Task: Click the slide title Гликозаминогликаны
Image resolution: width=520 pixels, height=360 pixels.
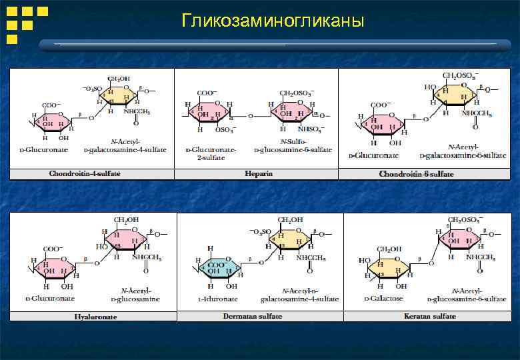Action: click(273, 21)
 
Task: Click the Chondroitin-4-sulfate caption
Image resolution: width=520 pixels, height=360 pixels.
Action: click(85, 174)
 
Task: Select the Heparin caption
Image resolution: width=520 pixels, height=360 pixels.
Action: click(259, 174)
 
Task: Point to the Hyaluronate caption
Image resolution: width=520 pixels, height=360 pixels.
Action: click(95, 317)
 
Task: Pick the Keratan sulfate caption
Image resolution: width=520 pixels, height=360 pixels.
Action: click(429, 316)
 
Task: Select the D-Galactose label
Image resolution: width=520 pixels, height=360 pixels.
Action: click(383, 298)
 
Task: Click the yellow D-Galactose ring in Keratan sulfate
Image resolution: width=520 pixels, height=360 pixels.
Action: click(387, 267)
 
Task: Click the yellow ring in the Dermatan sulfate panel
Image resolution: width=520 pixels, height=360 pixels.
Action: click(288, 237)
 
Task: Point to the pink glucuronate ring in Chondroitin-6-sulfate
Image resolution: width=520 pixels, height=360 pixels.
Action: click(384, 122)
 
